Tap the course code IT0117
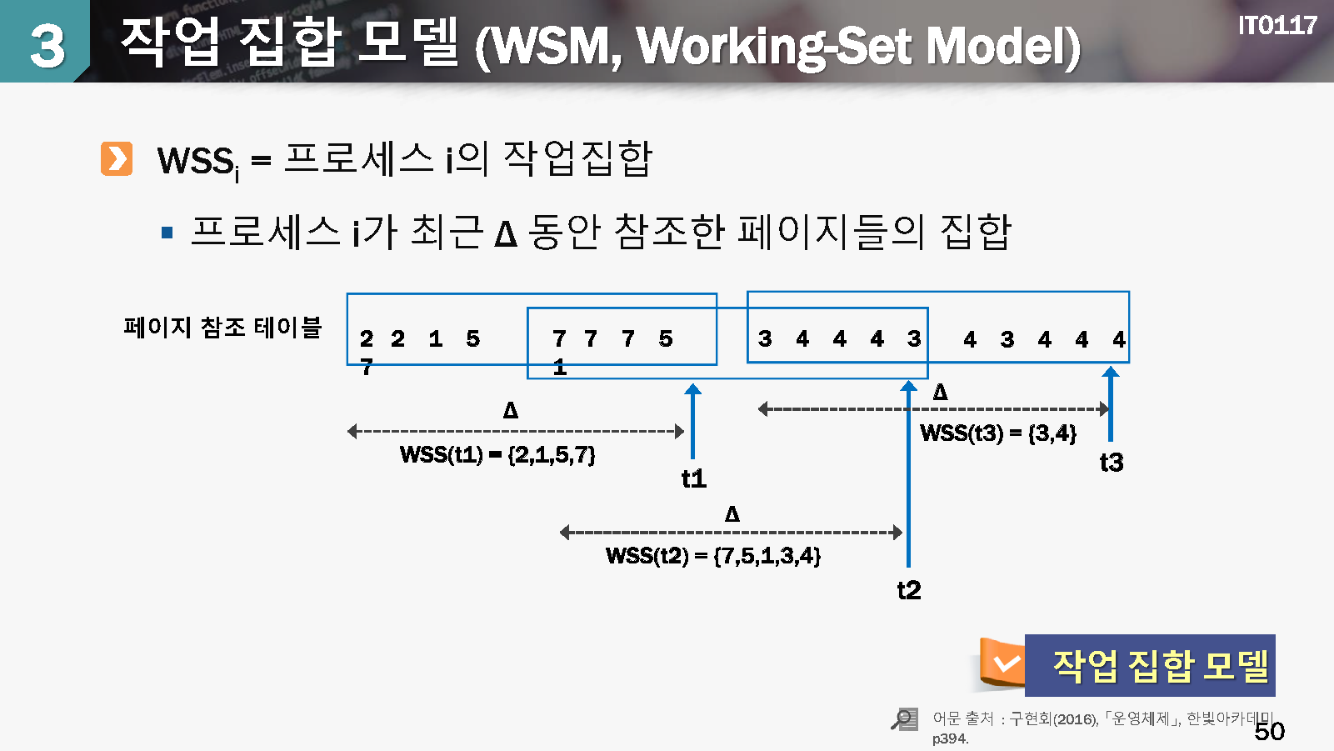pos(1277,25)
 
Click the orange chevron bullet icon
pos(117,158)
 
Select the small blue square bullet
pos(167,233)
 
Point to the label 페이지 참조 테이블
pos(222,327)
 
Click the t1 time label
pos(693,478)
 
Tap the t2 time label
pos(908,590)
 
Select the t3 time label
pos(1112,462)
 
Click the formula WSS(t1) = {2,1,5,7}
pos(497,454)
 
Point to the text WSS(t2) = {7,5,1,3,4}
pos(713,555)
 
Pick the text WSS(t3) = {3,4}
pos(997,433)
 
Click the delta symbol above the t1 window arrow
pos(511,410)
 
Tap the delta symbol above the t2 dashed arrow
pos(732,513)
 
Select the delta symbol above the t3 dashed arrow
pos(940,392)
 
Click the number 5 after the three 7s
pos(665,338)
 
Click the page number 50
pos(1269,731)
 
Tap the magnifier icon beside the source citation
pos(904,718)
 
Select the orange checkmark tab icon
pos(1003,663)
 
